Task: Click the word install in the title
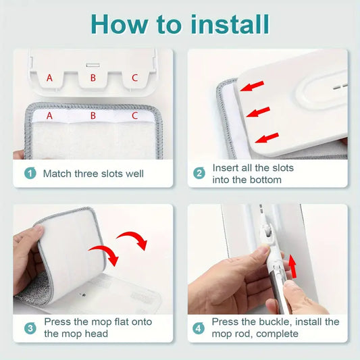pyautogui.click(x=230, y=24)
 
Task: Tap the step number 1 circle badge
pyautogui.click(x=30, y=173)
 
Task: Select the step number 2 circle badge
pyautogui.click(x=199, y=173)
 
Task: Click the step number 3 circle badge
pyautogui.click(x=30, y=328)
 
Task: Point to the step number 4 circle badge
pyautogui.click(x=199, y=328)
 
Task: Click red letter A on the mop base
pyautogui.click(x=49, y=78)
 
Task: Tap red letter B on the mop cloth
pyautogui.click(x=93, y=115)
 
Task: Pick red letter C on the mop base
pyautogui.click(x=135, y=78)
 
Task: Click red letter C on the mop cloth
pyautogui.click(x=135, y=115)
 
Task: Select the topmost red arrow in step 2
pyautogui.click(x=252, y=86)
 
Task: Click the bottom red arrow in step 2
pyautogui.click(x=267, y=138)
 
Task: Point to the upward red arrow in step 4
pyautogui.click(x=292, y=266)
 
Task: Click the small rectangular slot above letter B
pyautogui.click(x=93, y=66)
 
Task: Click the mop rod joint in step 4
pyautogui.click(x=267, y=234)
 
